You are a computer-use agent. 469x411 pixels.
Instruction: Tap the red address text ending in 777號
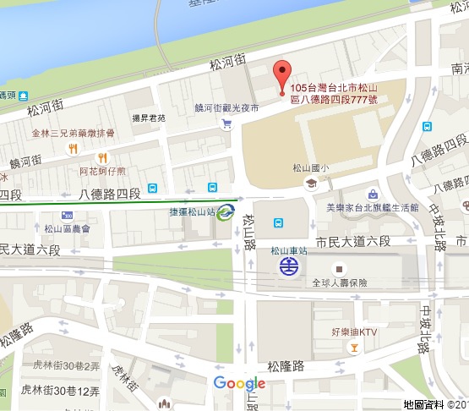pos(334,93)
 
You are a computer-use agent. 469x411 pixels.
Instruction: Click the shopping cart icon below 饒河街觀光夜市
pos(226,124)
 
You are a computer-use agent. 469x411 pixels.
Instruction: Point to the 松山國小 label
pos(310,168)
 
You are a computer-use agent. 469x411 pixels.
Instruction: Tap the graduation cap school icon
pos(311,183)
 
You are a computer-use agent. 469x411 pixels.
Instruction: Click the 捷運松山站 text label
pos(191,211)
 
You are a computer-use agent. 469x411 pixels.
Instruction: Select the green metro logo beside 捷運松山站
pos(226,212)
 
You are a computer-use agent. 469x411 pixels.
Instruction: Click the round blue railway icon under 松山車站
pos(290,267)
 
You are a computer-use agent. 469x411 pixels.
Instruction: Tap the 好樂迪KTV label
pos(354,332)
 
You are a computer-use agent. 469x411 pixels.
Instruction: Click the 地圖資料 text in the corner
pos(423,405)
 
